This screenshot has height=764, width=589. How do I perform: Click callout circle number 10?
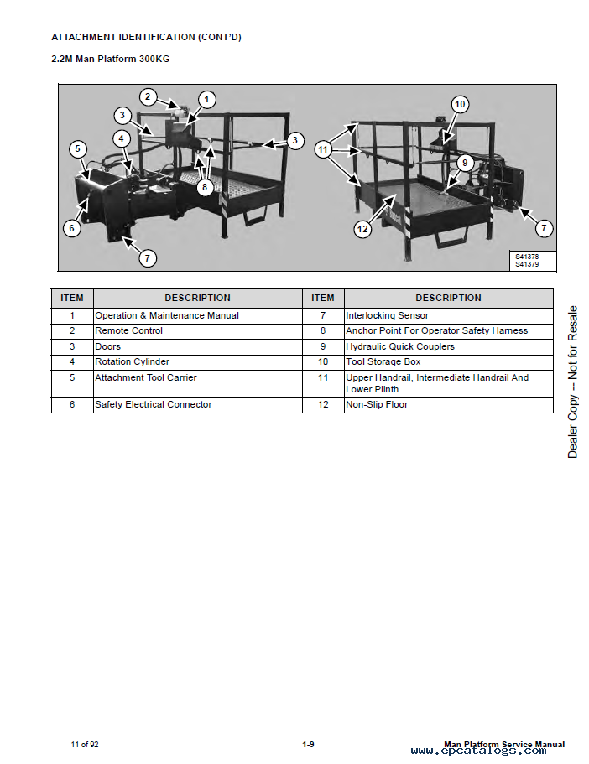click(x=459, y=104)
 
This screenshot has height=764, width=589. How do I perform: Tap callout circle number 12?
click(x=362, y=229)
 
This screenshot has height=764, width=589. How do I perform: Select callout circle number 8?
click(x=205, y=187)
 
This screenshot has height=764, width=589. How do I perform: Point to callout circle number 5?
click(x=77, y=148)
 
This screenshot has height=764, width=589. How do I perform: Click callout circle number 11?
click(x=322, y=148)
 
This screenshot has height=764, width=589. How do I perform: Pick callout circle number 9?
click(x=465, y=163)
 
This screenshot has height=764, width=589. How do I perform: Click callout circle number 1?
click(x=206, y=100)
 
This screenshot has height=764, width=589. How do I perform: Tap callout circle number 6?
click(x=72, y=227)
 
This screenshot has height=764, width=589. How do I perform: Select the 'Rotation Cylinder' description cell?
click(x=197, y=362)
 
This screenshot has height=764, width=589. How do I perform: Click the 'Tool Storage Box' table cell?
click(x=449, y=362)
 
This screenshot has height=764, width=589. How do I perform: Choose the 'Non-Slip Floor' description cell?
click(x=449, y=405)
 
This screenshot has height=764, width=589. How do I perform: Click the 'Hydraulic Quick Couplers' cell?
click(x=449, y=347)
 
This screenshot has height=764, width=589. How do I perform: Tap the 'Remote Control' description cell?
click(x=197, y=330)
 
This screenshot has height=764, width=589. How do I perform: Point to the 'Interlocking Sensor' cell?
click(x=449, y=315)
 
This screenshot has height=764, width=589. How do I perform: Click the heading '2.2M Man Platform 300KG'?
click(x=111, y=59)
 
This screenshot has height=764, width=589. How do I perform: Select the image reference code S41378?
click(x=527, y=257)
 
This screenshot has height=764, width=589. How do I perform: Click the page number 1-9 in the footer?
click(x=308, y=745)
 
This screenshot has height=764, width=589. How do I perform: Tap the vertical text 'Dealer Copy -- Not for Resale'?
click(x=572, y=382)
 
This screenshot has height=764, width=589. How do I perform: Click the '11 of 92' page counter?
click(x=85, y=745)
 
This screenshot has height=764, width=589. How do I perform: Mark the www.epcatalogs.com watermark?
click(x=478, y=751)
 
